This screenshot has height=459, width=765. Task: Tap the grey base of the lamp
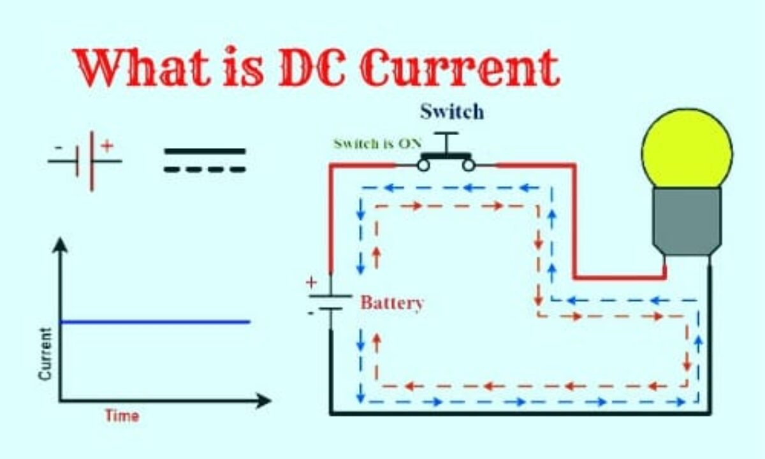687,220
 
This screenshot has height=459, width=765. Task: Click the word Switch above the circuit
451,112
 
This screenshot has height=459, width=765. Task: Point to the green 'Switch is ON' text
374,143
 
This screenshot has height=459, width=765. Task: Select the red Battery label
392,303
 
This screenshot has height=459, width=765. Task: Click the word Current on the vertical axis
45,354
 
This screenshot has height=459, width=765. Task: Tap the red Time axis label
122,416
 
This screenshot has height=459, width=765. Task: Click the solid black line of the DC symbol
205,152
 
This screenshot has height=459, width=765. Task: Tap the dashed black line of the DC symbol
205,170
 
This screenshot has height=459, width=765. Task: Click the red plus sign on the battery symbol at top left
107,146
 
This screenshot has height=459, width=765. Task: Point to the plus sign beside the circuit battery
311,282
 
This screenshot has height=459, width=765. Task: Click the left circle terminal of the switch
423,165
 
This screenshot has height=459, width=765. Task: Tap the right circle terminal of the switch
469,165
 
